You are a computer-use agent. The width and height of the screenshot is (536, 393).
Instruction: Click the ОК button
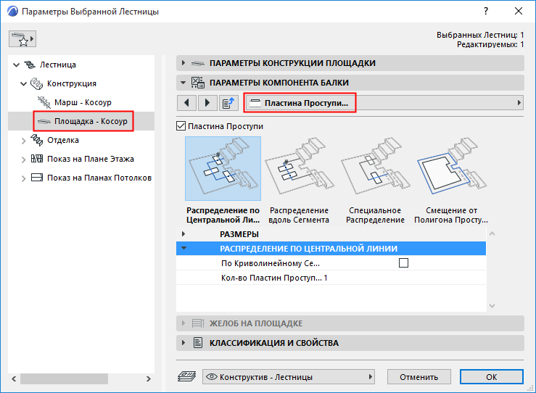point(491,377)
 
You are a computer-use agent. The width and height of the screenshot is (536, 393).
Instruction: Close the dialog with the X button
point(518,11)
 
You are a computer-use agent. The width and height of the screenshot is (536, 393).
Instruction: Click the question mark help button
point(486,11)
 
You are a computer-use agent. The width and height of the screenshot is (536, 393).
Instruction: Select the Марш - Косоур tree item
point(83,102)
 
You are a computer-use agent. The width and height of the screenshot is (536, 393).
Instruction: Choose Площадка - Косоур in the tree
point(91,121)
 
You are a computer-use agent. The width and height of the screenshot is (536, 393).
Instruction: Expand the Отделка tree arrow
point(24,141)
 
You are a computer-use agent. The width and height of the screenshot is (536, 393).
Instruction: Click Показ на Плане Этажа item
point(90,159)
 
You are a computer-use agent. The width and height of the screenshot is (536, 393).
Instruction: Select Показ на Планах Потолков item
point(99,178)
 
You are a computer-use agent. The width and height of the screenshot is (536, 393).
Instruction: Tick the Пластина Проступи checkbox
point(181,126)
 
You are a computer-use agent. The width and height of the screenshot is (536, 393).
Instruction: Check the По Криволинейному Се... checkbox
point(403,262)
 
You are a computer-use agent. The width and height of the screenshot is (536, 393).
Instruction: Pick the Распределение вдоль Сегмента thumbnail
point(299,168)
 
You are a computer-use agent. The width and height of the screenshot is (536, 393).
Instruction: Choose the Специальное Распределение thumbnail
point(375,168)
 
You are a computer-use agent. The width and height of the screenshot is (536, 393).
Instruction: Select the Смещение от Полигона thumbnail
point(451,168)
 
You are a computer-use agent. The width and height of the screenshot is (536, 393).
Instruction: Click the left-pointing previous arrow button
point(186,102)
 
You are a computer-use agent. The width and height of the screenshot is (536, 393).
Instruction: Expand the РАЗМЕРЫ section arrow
point(184,234)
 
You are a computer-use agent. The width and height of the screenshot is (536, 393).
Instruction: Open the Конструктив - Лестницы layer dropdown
point(289,377)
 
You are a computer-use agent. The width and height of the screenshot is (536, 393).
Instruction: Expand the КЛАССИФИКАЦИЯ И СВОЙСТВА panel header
point(350,343)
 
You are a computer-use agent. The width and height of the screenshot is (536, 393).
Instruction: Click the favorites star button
point(22,38)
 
